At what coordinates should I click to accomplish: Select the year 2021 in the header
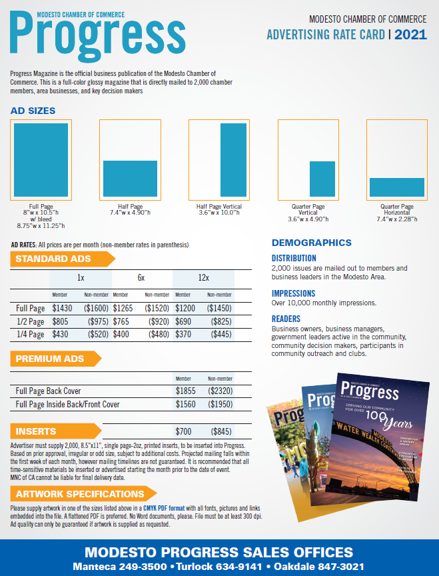click(411, 35)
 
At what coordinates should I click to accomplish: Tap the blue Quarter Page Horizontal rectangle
click(397, 187)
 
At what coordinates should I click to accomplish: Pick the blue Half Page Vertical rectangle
click(232, 159)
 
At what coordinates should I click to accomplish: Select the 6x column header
click(141, 277)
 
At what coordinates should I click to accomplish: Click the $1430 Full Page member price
click(62, 309)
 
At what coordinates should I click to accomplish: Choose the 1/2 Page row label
click(30, 321)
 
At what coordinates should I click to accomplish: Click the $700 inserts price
click(183, 431)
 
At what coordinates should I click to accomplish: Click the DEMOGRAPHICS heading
click(312, 243)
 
